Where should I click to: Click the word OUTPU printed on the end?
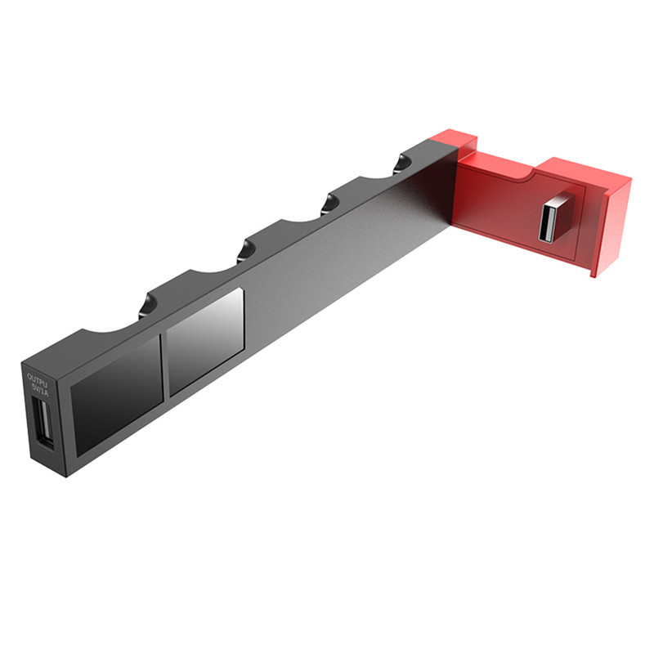pos(38,378)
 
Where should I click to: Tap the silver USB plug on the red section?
pos(552,218)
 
